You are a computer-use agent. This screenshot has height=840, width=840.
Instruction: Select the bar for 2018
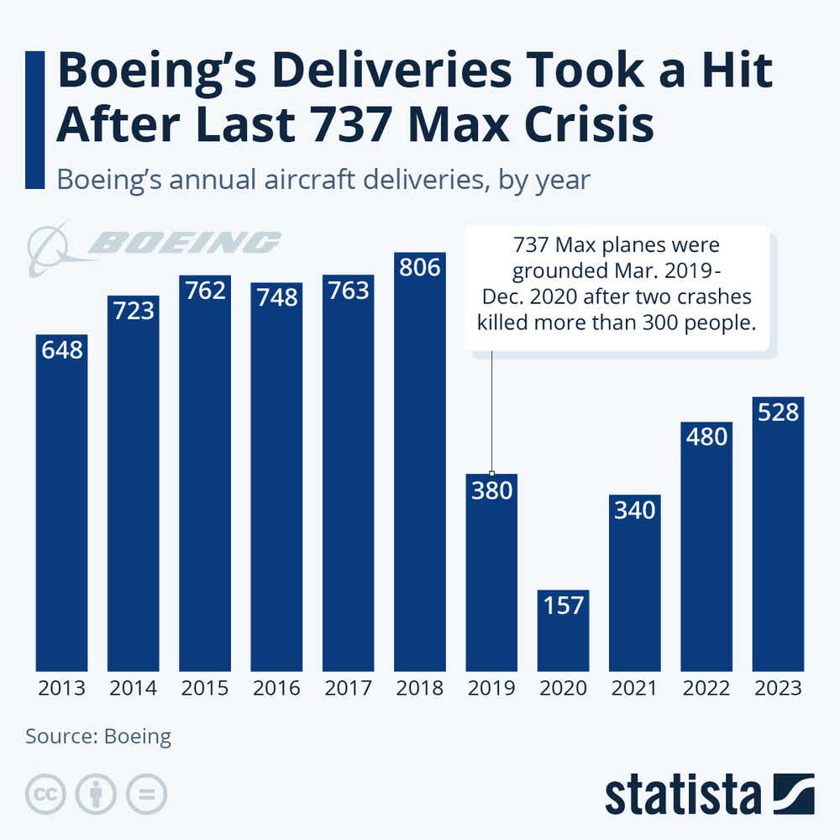420,462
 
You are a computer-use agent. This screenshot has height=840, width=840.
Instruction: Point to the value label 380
491,490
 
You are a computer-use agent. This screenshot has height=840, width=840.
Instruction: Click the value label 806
420,268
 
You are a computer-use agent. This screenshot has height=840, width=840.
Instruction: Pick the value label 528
778,412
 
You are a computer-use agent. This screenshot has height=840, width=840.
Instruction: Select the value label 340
634,510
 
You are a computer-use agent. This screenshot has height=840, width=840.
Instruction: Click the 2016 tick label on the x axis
276,689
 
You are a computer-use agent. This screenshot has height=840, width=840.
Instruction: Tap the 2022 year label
706,689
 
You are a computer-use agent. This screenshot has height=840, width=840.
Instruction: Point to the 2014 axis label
133,689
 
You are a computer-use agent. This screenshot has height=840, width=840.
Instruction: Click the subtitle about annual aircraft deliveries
323,179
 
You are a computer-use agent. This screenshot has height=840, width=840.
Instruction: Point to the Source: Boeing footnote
98,737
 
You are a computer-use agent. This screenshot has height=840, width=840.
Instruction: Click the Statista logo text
682,795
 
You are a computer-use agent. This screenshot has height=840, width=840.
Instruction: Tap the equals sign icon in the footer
147,794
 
